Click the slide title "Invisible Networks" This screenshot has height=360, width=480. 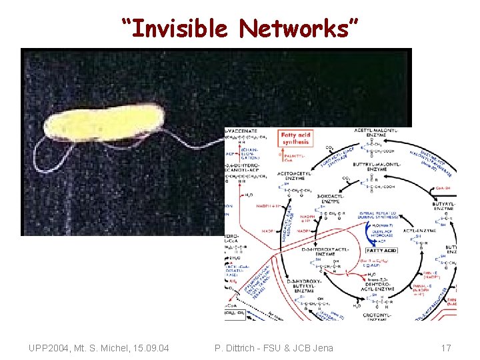pos(240,28)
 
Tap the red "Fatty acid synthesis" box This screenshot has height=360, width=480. pos(295,138)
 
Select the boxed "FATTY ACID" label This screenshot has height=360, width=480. pos(400,251)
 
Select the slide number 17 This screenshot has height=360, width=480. pos(446,348)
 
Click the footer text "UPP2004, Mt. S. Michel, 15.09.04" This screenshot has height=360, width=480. pos(99,348)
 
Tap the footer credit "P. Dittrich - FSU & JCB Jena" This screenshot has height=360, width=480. pos(274,348)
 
